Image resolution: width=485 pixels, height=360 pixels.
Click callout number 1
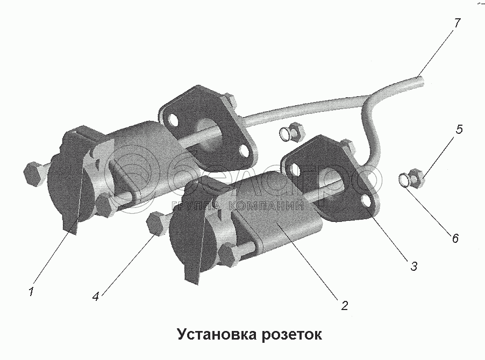31,292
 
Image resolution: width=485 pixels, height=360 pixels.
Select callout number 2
344,306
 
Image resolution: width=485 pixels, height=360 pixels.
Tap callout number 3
413,265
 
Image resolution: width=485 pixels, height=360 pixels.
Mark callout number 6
455,238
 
